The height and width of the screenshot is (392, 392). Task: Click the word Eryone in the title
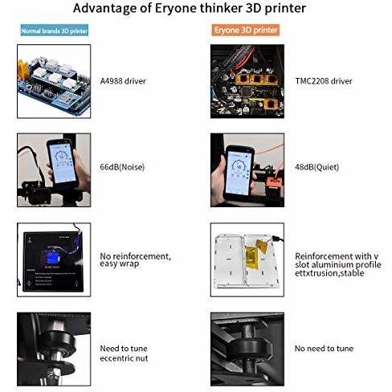175,8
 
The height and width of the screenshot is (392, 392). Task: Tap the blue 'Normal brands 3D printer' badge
55,31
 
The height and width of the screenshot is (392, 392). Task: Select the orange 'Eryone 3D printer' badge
246,30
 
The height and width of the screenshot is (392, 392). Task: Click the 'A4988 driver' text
123,81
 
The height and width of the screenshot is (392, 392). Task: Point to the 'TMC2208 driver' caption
324,81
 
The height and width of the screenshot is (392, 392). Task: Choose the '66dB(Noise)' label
122,167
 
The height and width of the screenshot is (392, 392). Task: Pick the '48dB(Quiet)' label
316,167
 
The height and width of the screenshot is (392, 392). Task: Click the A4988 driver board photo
54,81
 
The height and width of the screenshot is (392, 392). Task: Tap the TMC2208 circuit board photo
247,81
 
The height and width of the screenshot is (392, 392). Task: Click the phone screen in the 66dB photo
63,163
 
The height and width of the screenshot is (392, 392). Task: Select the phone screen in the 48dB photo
239,173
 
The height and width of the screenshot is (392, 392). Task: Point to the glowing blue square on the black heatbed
54,258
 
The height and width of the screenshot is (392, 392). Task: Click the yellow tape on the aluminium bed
255,255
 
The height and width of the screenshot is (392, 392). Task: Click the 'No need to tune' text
324,349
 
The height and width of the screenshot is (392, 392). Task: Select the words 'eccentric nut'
124,358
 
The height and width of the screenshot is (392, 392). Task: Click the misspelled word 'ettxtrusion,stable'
329,273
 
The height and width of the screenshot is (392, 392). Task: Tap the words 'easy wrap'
120,263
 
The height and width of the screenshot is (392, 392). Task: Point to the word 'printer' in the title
285,8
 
